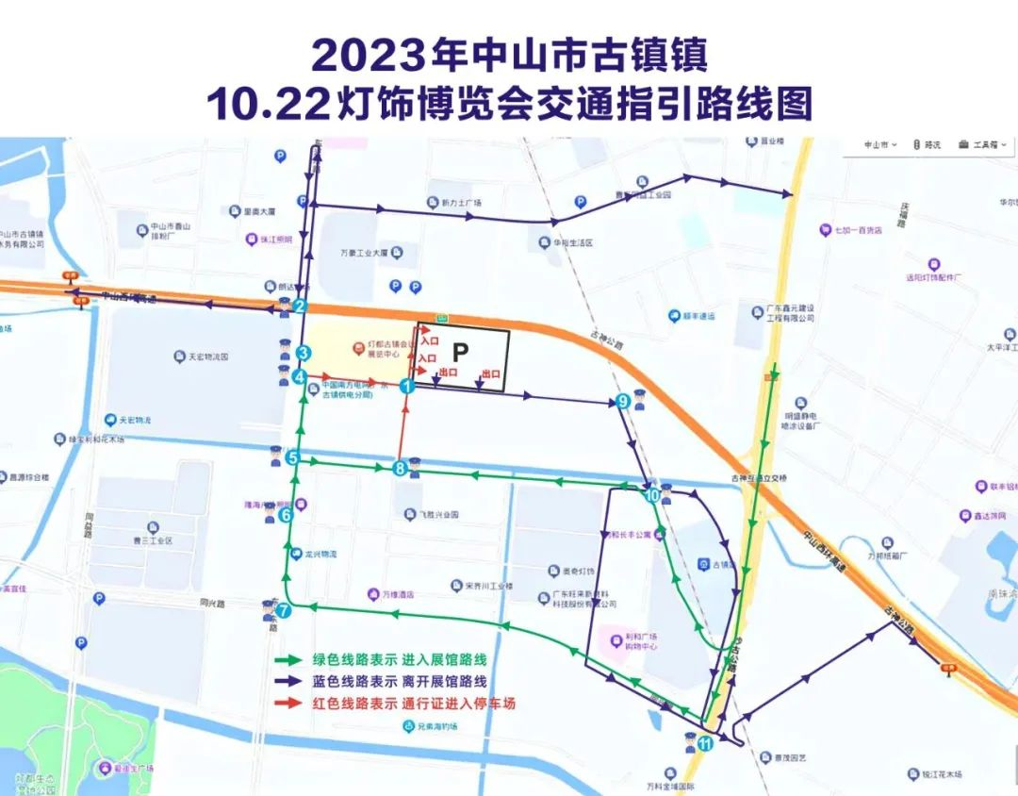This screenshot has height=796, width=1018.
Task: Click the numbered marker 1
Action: coord(407,385)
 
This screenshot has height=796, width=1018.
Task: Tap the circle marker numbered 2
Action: coord(300,306)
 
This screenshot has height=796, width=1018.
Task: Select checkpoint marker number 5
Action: coord(293,458)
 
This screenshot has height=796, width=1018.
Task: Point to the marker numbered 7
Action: coord(283,610)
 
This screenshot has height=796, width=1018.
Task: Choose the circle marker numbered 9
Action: coord(622,401)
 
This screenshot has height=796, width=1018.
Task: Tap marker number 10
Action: coord(652,494)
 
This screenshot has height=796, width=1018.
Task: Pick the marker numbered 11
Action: coord(705,743)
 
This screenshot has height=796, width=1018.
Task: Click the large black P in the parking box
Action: coord(460,353)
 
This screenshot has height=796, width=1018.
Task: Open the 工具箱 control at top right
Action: coord(983,144)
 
